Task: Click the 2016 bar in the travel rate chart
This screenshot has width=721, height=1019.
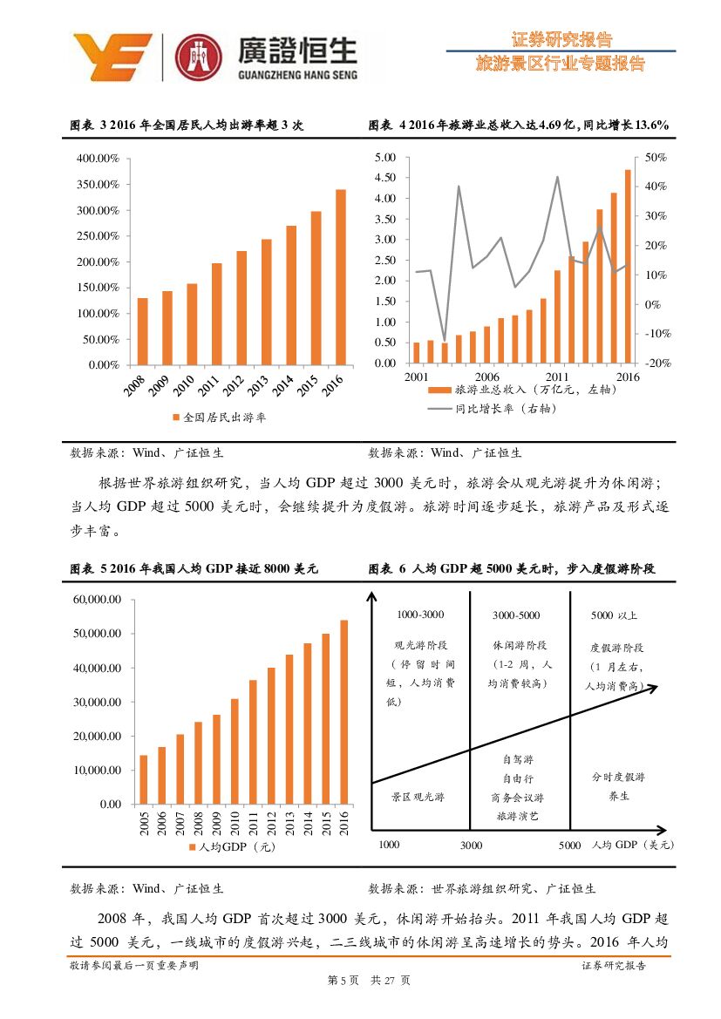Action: (x=340, y=277)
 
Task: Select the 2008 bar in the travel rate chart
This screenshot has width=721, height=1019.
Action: (x=142, y=331)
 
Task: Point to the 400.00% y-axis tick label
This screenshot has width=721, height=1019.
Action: (x=98, y=159)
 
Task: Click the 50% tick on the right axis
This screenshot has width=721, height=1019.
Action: (x=655, y=158)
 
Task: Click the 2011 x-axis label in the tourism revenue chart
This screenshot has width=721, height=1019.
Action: (x=557, y=377)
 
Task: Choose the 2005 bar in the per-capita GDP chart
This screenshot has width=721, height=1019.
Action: (x=144, y=779)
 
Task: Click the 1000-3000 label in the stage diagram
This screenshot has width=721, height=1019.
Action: (x=419, y=615)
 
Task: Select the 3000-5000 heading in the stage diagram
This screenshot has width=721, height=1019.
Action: (x=516, y=615)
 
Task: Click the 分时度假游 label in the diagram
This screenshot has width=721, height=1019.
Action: (x=618, y=777)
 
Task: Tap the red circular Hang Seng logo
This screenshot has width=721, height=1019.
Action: (x=199, y=56)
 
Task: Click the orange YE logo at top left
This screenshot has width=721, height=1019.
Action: (x=112, y=56)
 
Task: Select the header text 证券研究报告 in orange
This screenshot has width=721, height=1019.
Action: (x=561, y=39)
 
